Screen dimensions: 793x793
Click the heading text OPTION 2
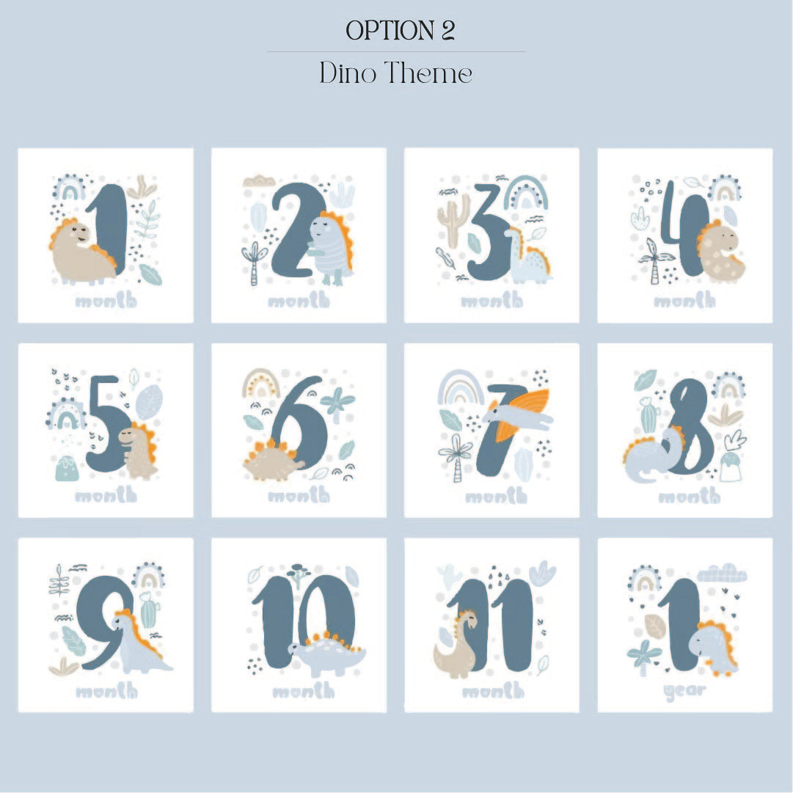click(400, 30)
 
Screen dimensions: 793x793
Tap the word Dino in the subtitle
click(348, 73)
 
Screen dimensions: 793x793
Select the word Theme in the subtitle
click(428, 73)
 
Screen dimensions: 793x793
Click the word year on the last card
click(684, 691)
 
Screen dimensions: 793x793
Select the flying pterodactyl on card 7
click(519, 412)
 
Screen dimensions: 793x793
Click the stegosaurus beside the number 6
click(273, 460)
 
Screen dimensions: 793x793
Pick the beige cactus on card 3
click(453, 220)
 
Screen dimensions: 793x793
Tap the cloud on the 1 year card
click(722, 573)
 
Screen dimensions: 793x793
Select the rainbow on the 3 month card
click(527, 193)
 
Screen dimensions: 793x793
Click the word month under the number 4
click(684, 301)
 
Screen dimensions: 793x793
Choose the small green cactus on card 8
click(648, 414)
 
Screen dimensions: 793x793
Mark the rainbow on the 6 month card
click(261, 383)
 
